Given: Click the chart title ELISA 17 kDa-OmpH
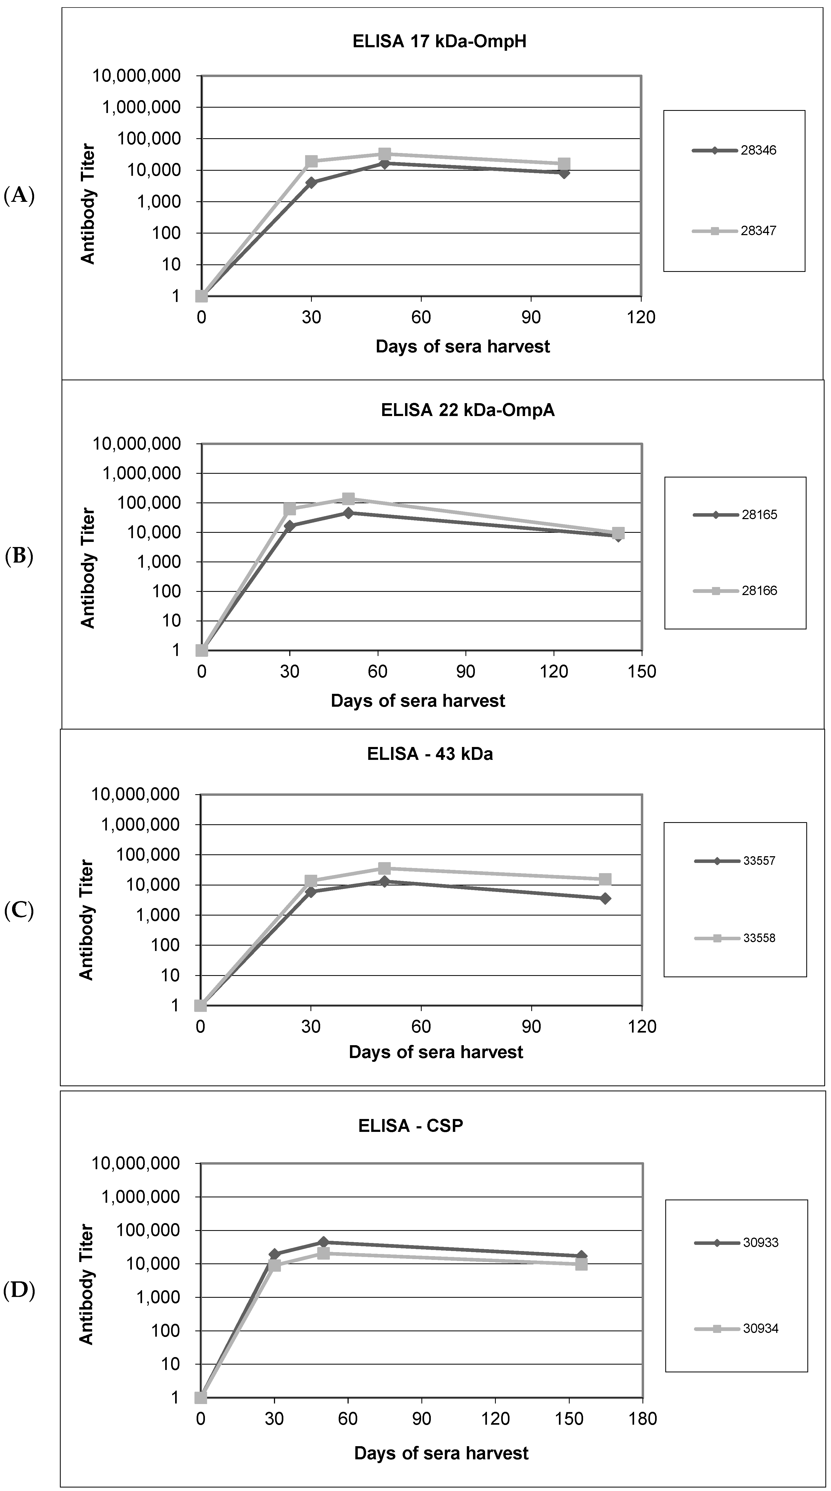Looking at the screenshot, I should pyautogui.click(x=439, y=42).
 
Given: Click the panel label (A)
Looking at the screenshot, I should pyautogui.click(x=19, y=196).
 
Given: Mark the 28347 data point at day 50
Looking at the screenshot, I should pyautogui.click(x=385, y=154).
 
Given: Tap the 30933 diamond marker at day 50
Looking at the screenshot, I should pyautogui.click(x=323, y=1242).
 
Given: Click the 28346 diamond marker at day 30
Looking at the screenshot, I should pyautogui.click(x=312, y=182).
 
